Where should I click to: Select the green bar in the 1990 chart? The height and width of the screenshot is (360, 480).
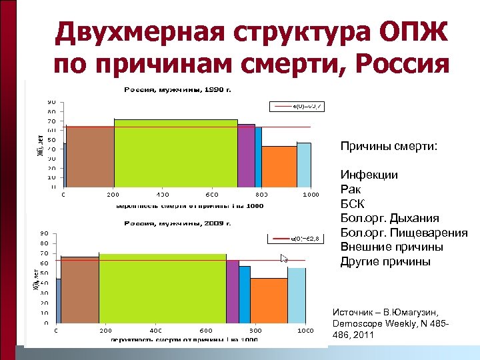(x=175, y=153)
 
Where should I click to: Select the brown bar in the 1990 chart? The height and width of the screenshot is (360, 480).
(x=90, y=157)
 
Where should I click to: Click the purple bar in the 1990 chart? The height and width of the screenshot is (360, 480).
(x=246, y=156)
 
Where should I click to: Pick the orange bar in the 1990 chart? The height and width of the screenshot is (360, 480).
(x=279, y=167)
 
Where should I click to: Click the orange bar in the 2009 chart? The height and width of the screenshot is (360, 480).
(x=269, y=300)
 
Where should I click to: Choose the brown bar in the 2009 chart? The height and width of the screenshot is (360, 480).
(x=79, y=290)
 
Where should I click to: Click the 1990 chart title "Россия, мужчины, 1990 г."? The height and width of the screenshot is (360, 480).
(x=181, y=89)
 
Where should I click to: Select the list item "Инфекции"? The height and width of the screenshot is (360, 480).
(x=369, y=175)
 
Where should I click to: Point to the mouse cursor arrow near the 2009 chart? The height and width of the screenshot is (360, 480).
(x=284, y=259)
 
